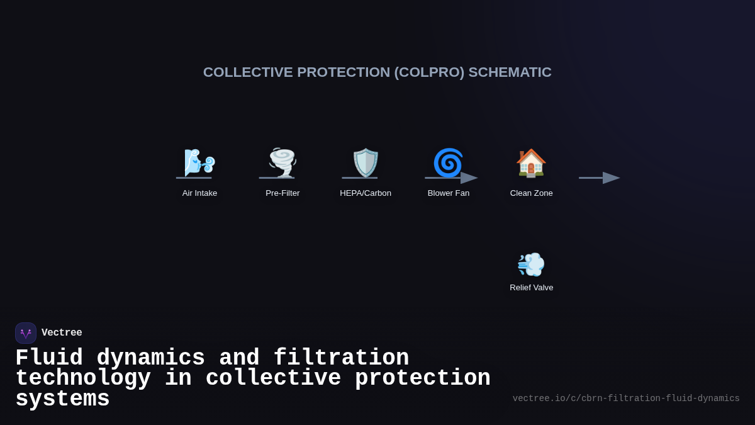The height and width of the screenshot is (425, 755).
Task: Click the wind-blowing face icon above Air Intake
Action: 199,162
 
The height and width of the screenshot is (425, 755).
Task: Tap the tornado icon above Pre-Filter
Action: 282,162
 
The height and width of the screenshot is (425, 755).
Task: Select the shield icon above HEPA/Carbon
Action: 366,162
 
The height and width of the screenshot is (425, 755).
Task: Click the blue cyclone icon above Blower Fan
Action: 448,162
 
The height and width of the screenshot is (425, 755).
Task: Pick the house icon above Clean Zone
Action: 531,162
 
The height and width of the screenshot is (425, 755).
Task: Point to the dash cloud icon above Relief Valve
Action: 531,264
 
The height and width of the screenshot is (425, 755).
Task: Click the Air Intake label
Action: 199,193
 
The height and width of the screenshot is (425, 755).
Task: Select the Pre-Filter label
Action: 282,193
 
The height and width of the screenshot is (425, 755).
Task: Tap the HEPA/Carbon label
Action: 366,193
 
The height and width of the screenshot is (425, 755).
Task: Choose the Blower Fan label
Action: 449,193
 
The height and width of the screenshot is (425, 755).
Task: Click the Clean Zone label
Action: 532,193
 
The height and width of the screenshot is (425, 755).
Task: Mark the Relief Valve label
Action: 532,288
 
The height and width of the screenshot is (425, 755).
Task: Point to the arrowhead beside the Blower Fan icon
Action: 469,178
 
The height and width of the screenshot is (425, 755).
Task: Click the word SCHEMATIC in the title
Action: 510,72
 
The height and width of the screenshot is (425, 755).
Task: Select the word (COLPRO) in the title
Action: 429,72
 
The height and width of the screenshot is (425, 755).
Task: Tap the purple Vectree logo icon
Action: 26,333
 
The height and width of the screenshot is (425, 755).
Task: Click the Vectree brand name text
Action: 62,333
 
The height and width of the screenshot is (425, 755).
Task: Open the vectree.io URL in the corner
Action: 626,399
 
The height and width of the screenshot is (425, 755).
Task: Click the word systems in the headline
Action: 62,399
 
